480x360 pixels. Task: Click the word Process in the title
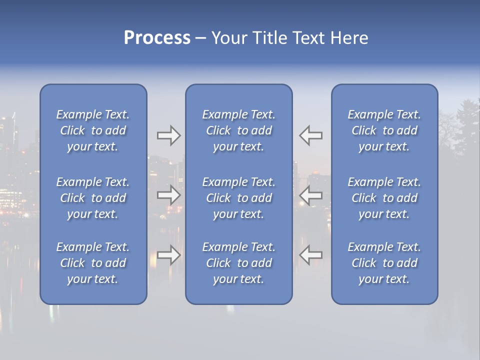157,38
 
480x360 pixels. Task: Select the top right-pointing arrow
168,135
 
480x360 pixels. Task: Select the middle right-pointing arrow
168,195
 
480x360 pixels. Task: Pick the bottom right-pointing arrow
168,255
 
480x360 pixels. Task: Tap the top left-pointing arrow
310,135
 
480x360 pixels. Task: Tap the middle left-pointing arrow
310,195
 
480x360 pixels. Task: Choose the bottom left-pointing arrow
310,255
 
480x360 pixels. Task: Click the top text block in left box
93,130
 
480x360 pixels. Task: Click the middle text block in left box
93,198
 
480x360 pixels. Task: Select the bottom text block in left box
93,263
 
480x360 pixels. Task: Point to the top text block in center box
239,130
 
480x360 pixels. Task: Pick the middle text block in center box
239,198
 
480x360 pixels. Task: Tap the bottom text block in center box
239,263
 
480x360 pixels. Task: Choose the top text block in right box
384,130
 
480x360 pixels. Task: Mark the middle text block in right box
384,198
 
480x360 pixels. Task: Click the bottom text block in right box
384,263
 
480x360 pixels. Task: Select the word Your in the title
228,38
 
